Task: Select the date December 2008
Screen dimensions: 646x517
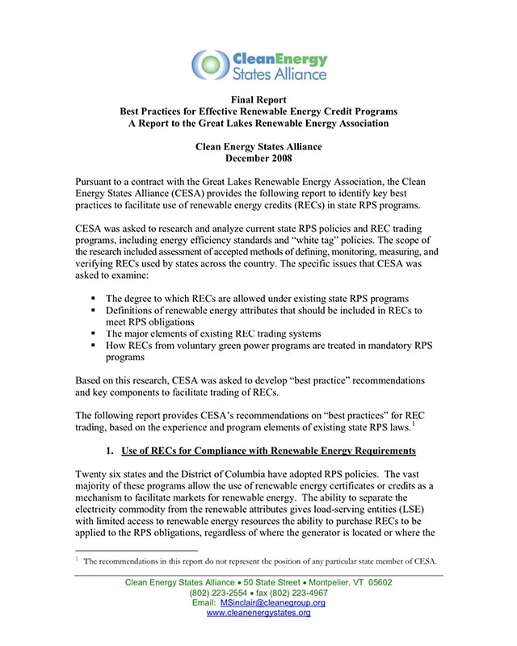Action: pyautogui.click(x=258, y=159)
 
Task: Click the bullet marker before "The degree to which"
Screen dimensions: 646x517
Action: pyautogui.click(x=95, y=299)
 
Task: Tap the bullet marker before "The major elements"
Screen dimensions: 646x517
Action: pyautogui.click(x=95, y=333)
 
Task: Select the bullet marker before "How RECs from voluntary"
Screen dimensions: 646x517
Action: pyautogui.click(x=95, y=346)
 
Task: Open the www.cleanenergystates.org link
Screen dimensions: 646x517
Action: pyautogui.click(x=258, y=614)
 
